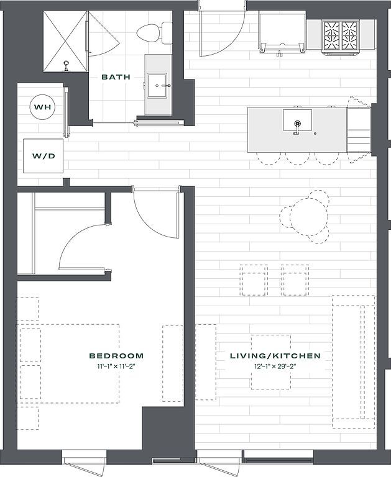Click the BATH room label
[x=116, y=78]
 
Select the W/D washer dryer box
[x=43, y=156]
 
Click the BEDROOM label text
[x=116, y=356]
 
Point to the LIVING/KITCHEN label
[x=275, y=356]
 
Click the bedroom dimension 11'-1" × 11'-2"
[x=116, y=367]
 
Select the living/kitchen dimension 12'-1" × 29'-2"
[x=275, y=367]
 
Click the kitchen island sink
[x=297, y=119]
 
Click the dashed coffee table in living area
[x=270, y=362]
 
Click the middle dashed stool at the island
[x=298, y=158]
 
